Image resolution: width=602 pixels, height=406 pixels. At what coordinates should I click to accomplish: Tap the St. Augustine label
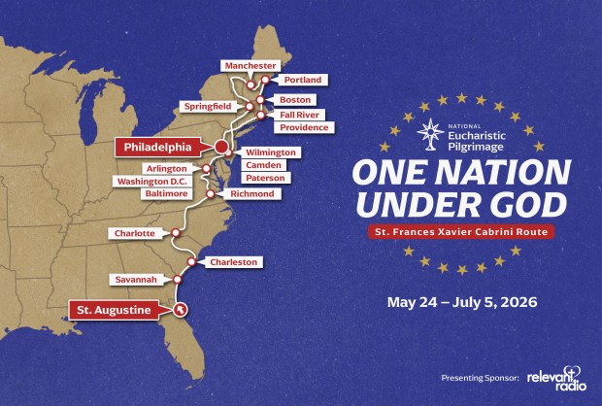pos(116,310)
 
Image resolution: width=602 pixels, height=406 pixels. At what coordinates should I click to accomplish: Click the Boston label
pos(294,99)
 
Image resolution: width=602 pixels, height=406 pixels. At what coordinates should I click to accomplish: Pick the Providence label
pos(304,127)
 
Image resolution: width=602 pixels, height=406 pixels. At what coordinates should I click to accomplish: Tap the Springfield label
pos(206,106)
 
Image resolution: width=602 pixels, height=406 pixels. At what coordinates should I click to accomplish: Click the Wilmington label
pos(271,152)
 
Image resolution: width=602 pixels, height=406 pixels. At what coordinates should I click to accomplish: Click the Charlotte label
pos(134,233)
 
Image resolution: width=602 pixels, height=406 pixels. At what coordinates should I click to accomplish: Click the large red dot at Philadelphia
pos(221,148)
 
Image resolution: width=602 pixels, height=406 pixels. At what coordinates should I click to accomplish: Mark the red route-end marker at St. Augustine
pos(181,309)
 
